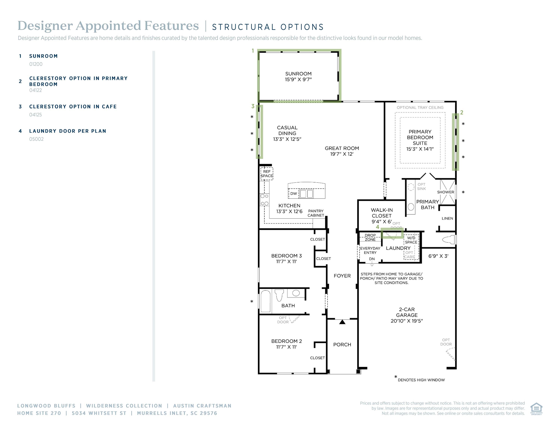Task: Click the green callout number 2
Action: click(x=462, y=112)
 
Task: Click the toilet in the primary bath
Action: click(x=449, y=240)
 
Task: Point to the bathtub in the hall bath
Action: click(x=266, y=301)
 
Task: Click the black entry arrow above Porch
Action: click(x=342, y=322)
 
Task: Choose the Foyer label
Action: click(x=342, y=276)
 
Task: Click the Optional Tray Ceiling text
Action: click(x=420, y=107)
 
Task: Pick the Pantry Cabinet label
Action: click(x=316, y=213)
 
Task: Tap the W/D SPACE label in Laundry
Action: click(x=411, y=240)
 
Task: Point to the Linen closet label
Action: click(x=447, y=218)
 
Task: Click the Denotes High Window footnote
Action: click(x=421, y=380)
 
